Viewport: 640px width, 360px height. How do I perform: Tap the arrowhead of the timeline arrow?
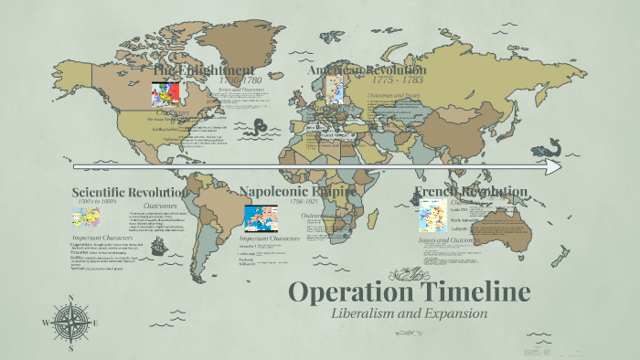(553, 167)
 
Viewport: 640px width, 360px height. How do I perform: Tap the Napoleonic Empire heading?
(297, 192)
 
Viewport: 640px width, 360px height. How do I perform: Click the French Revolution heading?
(470, 192)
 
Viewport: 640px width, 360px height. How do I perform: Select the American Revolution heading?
(366, 70)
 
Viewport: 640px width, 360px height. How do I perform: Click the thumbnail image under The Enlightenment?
(163, 94)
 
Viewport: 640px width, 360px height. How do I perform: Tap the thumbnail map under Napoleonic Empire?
(261, 220)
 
